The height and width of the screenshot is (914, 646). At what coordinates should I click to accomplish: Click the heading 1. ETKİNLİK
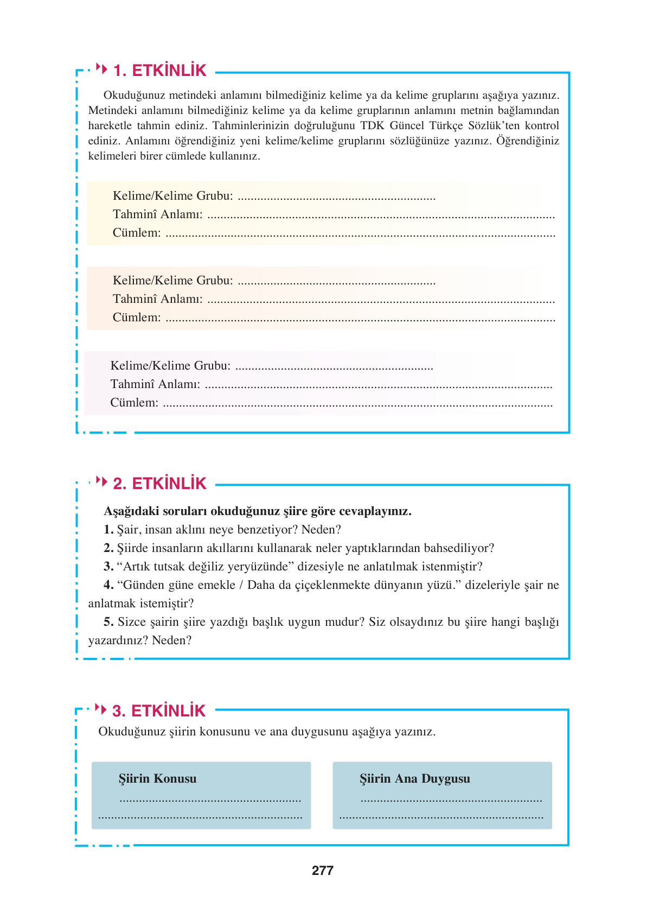[159, 71]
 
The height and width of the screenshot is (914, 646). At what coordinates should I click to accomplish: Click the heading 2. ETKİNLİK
[159, 484]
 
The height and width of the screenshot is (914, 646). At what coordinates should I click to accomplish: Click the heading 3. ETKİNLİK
[159, 711]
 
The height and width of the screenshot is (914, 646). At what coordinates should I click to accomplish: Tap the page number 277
[323, 871]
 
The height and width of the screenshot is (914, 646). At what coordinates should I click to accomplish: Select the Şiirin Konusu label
[157, 779]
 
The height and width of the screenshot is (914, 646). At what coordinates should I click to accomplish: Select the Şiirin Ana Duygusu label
[414, 779]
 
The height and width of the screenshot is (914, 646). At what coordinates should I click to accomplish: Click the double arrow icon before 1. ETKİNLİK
[101, 68]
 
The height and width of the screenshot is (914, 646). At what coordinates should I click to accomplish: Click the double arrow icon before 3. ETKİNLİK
[101, 709]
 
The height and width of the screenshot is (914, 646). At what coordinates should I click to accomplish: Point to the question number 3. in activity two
[108, 567]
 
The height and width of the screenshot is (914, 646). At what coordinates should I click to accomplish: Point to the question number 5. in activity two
[108, 622]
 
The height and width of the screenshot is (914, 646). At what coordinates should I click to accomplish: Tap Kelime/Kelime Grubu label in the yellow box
[172, 196]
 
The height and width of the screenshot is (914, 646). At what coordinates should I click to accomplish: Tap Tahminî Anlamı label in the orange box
[157, 299]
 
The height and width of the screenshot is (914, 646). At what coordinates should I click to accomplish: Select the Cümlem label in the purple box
[134, 403]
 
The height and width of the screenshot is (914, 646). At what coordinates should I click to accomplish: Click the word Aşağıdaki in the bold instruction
[128, 511]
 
